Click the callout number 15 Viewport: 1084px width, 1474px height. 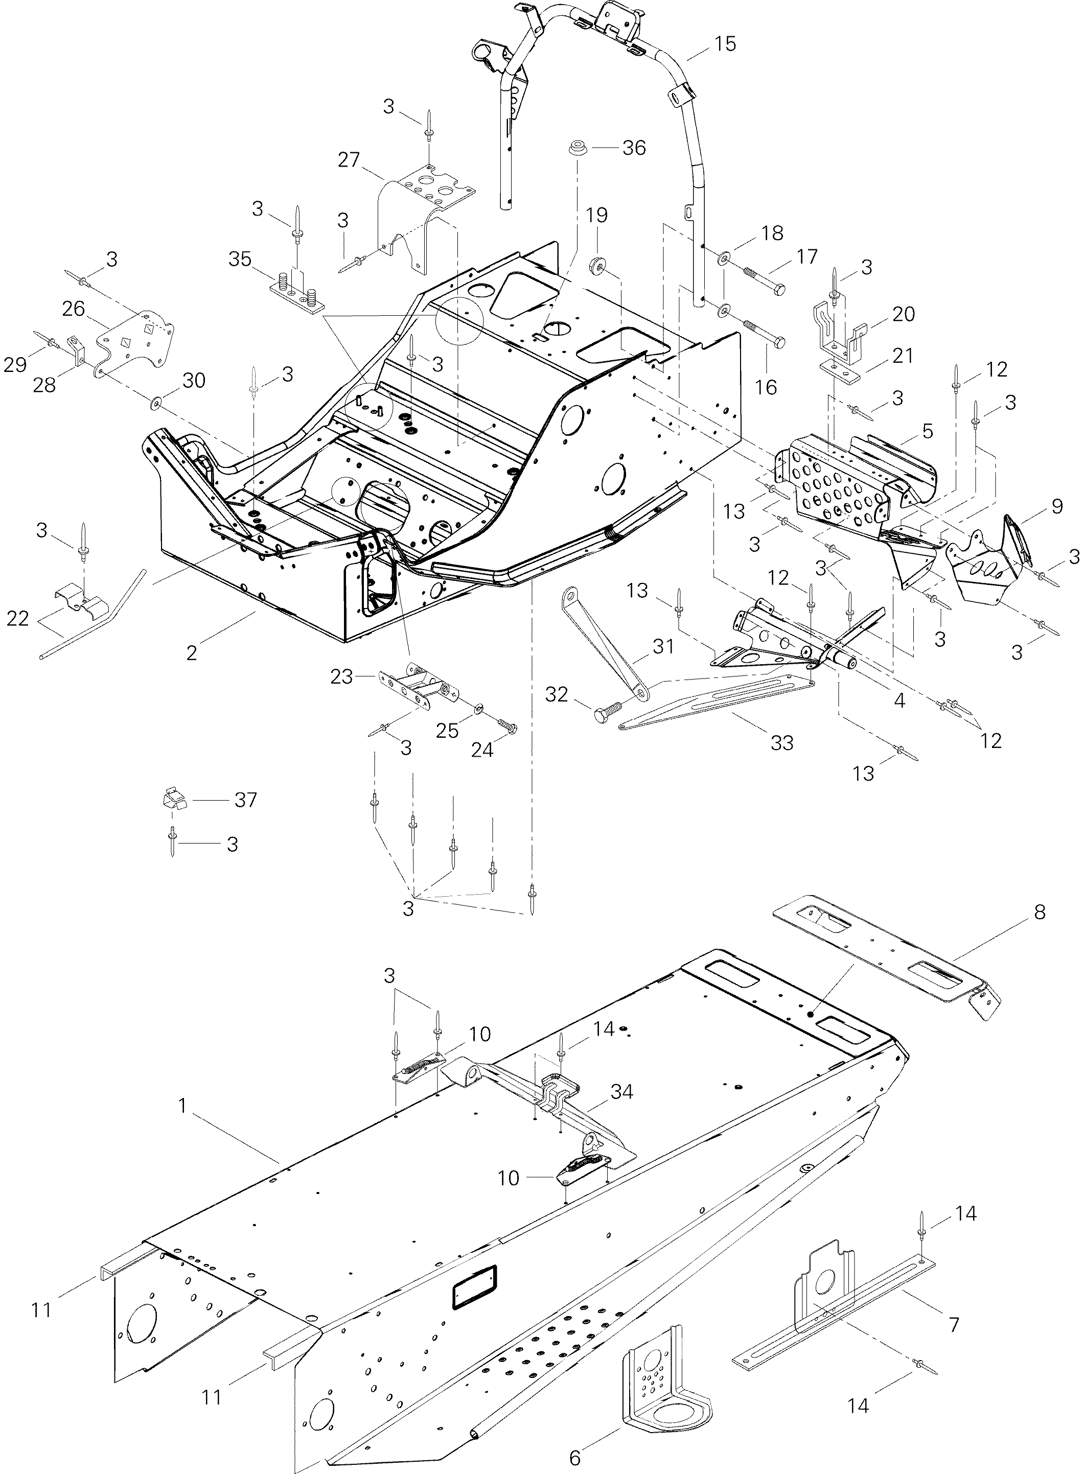pos(725,44)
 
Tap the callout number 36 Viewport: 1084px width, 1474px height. pos(634,148)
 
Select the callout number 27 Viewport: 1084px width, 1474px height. pos(349,159)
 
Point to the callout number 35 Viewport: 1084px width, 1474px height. pos(240,259)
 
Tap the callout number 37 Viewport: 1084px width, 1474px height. pos(245,800)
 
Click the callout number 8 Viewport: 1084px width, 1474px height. pos(1040,912)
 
